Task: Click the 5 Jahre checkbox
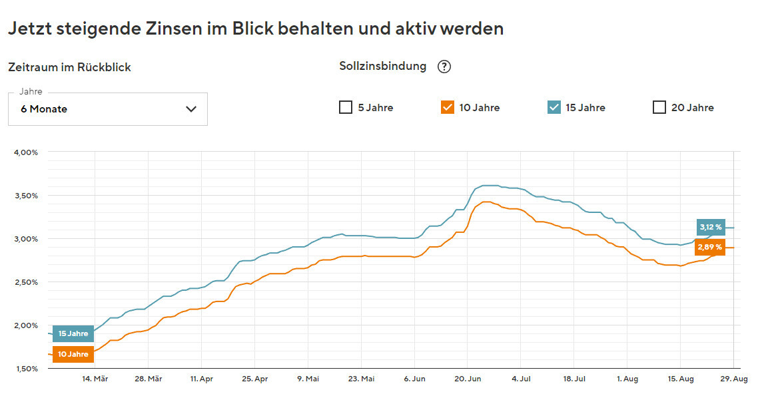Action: pos(346,107)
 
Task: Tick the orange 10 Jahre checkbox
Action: pos(448,107)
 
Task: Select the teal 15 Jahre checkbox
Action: pos(554,107)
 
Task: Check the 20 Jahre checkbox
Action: pos(659,107)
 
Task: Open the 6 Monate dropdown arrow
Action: pos(191,109)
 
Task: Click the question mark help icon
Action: pos(444,67)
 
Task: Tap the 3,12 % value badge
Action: pos(710,227)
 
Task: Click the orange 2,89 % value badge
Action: pos(710,247)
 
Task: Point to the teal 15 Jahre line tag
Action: pos(73,333)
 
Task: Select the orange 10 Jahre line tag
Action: pos(73,354)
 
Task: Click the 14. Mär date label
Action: pos(95,379)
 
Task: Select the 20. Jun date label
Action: pos(467,379)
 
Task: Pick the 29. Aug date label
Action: pos(733,379)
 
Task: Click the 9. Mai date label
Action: pos(308,379)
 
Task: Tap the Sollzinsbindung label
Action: pos(382,66)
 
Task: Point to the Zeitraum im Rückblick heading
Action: pos(69,67)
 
